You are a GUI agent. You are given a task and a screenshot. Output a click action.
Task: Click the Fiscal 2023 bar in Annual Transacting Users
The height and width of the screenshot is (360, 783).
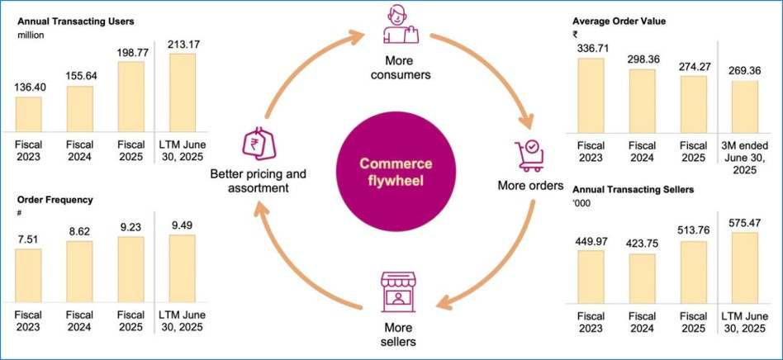(x=28, y=113)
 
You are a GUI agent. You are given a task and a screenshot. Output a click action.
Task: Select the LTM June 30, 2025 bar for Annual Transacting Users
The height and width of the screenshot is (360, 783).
(x=183, y=92)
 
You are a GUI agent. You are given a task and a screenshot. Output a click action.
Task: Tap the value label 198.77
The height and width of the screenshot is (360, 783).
(x=131, y=53)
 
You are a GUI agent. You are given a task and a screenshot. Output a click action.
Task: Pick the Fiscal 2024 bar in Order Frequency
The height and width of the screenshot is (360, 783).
(x=79, y=271)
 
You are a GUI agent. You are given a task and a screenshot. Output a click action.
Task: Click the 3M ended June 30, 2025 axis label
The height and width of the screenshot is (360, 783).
(x=744, y=158)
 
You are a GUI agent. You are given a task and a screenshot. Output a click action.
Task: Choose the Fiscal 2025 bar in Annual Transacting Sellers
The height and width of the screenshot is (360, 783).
(x=693, y=271)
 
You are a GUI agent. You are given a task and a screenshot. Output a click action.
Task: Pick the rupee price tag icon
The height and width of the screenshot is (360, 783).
(x=257, y=145)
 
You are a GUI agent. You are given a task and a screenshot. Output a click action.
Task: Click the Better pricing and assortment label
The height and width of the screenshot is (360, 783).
(x=258, y=181)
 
